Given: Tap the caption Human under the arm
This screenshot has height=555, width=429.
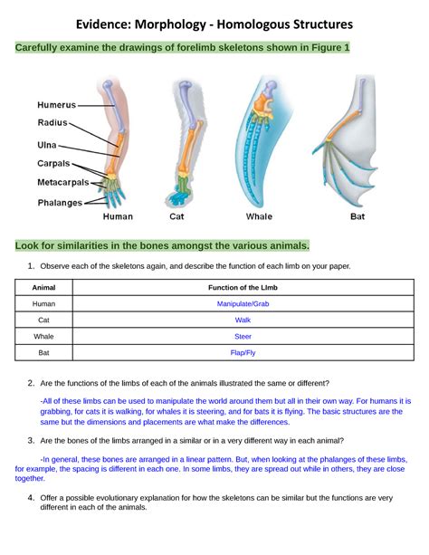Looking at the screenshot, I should point(118,217).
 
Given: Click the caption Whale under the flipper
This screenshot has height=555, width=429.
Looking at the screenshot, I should point(259,217).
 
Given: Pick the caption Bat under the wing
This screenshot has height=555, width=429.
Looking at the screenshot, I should point(357,217).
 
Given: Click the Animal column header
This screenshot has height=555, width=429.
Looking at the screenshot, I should point(43,288).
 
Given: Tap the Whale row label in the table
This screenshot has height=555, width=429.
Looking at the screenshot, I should point(43,336).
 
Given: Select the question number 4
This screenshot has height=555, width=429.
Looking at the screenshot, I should point(31,498).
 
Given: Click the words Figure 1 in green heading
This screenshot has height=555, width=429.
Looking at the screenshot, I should point(327,47).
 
